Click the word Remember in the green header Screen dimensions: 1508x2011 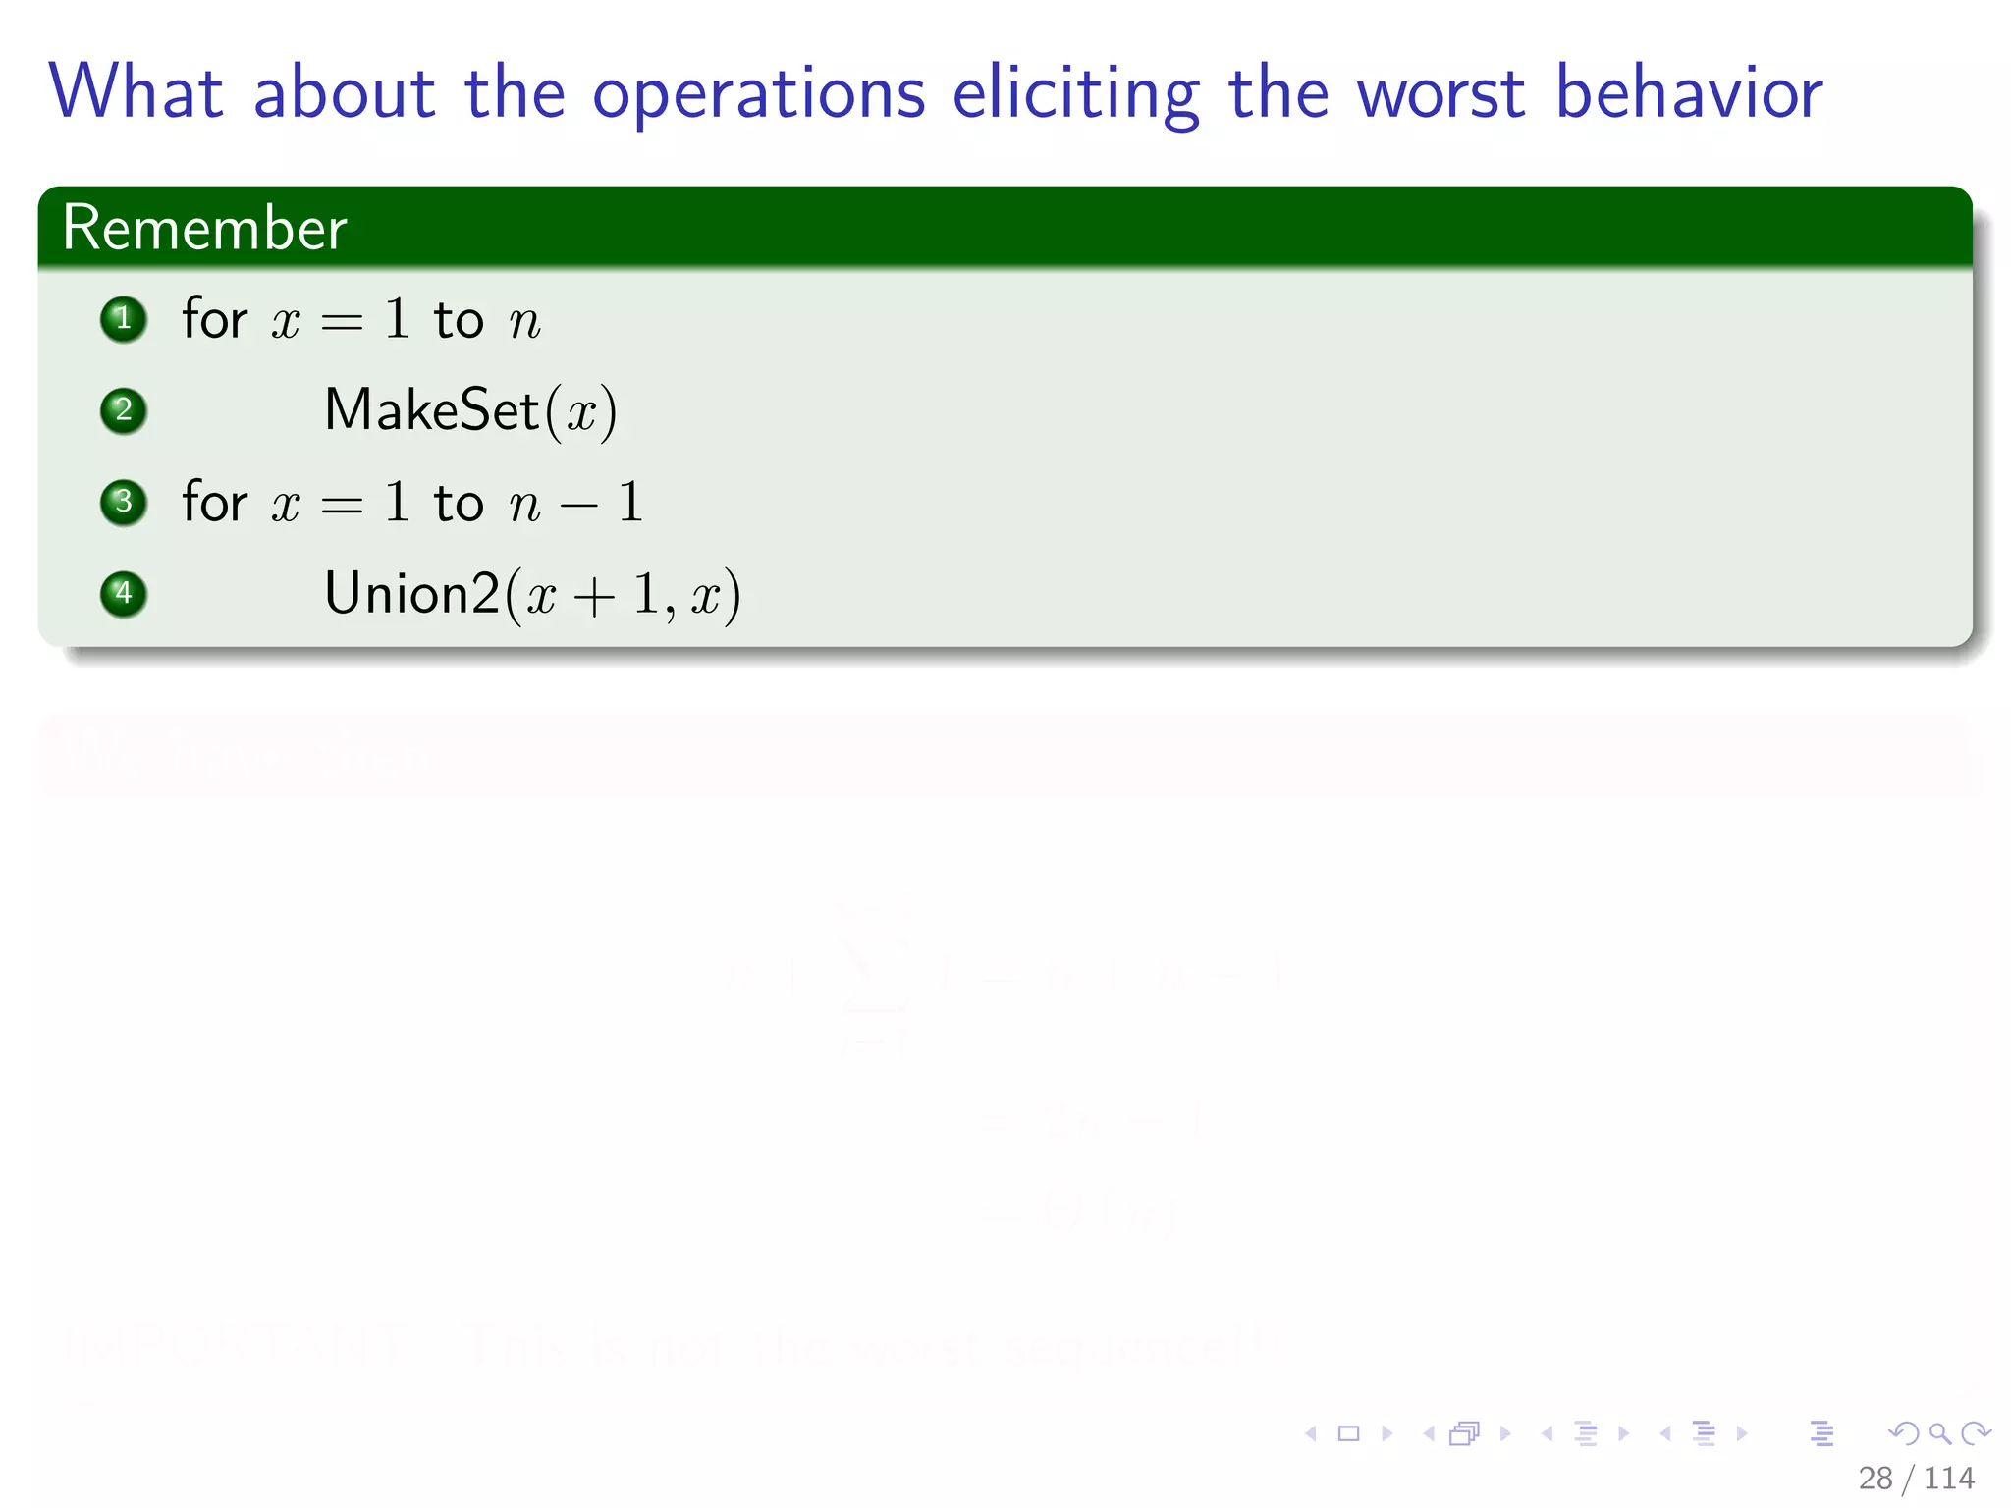point(204,228)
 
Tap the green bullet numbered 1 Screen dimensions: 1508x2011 point(124,319)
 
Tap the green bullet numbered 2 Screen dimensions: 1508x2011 point(124,410)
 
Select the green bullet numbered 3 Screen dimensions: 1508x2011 point(124,502)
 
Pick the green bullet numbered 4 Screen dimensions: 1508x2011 point(124,594)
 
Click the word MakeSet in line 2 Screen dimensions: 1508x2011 point(432,409)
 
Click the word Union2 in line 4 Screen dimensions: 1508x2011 point(412,594)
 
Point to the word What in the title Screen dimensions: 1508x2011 point(136,92)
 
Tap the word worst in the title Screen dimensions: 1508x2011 point(1441,93)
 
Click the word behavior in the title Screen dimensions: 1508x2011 point(1689,92)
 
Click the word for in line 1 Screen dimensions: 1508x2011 point(214,319)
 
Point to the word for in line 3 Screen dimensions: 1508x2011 point(214,502)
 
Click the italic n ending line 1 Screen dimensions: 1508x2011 point(524,322)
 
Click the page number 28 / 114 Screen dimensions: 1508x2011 point(1915,1478)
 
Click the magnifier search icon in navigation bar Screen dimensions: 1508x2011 point(1939,1433)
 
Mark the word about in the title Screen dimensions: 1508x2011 point(344,92)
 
